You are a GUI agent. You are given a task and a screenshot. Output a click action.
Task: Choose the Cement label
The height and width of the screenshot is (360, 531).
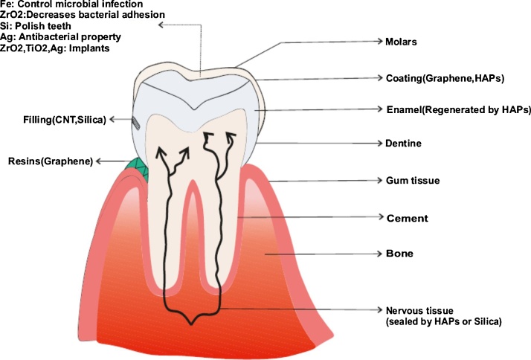[x=406, y=218]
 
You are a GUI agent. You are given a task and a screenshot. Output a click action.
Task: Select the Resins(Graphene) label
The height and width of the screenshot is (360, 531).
[x=49, y=161]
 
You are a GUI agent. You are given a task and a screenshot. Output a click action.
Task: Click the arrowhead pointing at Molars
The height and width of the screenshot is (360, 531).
[x=377, y=42]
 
